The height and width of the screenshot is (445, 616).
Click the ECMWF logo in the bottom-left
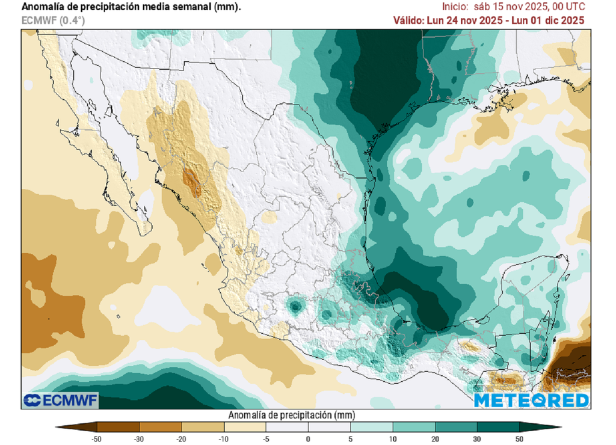60,400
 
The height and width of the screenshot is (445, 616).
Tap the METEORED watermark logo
532,400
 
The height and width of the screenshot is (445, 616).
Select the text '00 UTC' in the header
565,7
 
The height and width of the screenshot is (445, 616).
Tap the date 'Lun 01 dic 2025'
550,20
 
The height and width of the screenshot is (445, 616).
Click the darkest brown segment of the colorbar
78,427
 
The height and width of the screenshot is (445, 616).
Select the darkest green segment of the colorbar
538,427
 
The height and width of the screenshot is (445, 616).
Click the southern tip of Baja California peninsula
146,233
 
